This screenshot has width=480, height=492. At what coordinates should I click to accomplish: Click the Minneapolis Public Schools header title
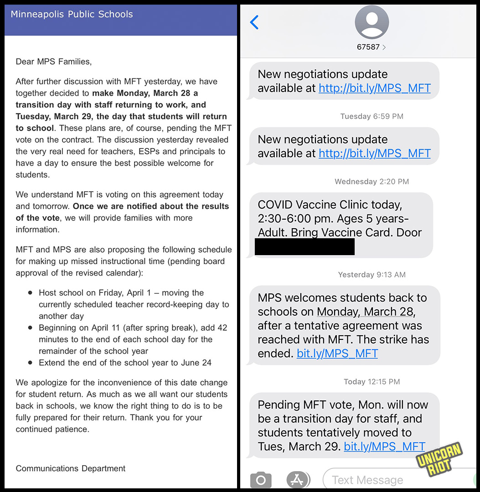click(72, 14)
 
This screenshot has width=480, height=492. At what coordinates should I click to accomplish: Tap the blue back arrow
click(254, 22)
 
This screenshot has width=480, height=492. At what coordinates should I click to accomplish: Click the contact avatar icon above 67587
click(372, 22)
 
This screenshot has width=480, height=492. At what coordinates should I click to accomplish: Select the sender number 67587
click(368, 47)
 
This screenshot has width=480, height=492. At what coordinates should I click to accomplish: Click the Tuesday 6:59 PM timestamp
click(372, 116)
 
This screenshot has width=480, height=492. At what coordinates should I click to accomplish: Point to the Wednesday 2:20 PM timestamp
click(372, 181)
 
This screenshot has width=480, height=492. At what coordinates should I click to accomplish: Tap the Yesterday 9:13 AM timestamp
click(372, 274)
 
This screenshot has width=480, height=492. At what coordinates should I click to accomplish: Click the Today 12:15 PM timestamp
click(372, 381)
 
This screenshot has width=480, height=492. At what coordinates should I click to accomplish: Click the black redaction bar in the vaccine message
click(305, 246)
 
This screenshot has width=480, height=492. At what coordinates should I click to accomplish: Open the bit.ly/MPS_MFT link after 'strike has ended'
click(337, 353)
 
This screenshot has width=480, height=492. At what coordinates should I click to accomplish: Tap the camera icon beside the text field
click(261, 480)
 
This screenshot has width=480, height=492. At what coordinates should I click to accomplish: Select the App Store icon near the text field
click(298, 480)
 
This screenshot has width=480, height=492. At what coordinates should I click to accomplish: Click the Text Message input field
click(397, 480)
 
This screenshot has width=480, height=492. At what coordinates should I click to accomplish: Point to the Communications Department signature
click(71, 468)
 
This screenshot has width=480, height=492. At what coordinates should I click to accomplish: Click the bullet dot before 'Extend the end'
click(30, 363)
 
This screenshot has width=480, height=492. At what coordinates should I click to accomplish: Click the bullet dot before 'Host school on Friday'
click(30, 293)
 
